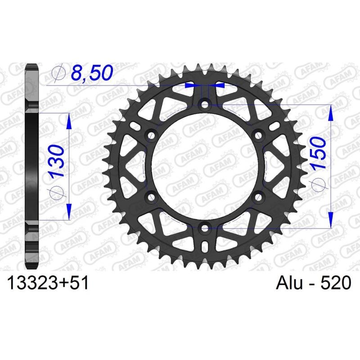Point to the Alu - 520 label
[311, 283]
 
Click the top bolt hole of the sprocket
[205, 104]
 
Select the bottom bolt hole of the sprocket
[205, 228]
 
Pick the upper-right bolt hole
[259, 135]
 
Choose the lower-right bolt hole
[259, 197]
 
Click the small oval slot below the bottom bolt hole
[205, 248]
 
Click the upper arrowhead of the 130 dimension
[69, 120]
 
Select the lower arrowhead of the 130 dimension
[69, 212]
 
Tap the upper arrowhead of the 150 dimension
[331, 112]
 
